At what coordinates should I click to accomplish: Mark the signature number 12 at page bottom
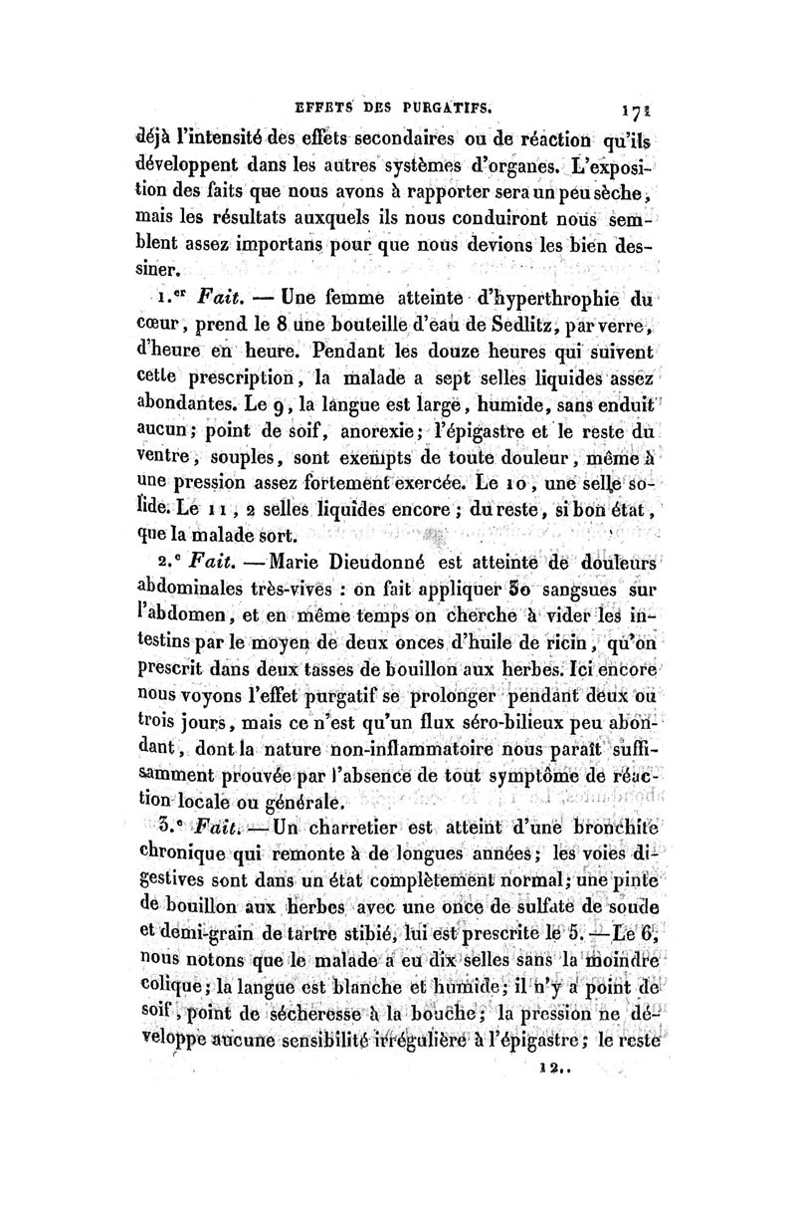coord(547,1178)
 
